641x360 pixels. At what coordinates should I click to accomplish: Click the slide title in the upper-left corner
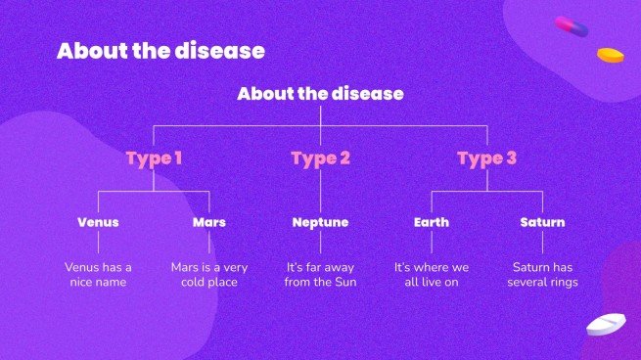(160, 51)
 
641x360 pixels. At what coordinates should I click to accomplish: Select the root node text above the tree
(320, 94)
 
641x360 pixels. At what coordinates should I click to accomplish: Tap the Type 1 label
(154, 157)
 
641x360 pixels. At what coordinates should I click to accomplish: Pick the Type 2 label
(320, 157)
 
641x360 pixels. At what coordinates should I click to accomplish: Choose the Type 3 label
(486, 157)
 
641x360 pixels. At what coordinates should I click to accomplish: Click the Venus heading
(98, 222)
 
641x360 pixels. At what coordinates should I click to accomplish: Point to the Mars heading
(209, 222)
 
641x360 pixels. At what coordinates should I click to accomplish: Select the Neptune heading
(320, 222)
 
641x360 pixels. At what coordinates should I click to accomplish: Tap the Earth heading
(432, 222)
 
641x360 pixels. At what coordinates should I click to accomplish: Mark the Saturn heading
(542, 222)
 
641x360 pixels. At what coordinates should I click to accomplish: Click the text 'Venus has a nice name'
(98, 274)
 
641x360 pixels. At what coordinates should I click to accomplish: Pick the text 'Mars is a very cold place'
(209, 274)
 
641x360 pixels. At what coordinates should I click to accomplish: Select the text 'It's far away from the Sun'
(320, 274)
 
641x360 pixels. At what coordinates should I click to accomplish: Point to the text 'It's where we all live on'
(432, 274)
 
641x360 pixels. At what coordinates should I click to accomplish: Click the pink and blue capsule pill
(571, 27)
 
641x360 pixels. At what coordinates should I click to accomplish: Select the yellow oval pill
(611, 55)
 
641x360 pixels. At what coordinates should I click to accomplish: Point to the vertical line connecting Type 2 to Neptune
(320, 191)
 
